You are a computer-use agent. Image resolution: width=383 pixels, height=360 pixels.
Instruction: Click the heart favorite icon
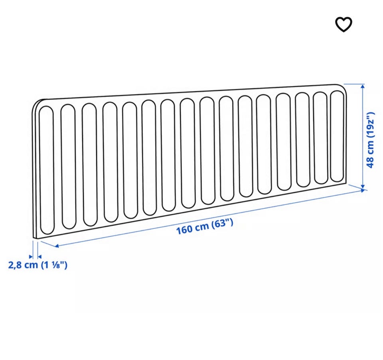pyautogui.click(x=344, y=24)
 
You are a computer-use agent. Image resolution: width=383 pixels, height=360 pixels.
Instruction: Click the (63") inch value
pyautogui.click(x=222, y=223)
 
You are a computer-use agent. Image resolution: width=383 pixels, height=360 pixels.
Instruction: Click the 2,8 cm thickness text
pyautogui.click(x=23, y=265)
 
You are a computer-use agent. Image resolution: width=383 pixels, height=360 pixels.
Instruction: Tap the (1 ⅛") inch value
pyautogui.click(x=54, y=265)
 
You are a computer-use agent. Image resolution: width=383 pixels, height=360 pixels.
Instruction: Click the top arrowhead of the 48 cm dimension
pyautogui.click(x=363, y=86)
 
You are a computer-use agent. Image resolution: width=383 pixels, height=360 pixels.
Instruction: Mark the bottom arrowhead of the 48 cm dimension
pyautogui.click(x=363, y=187)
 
